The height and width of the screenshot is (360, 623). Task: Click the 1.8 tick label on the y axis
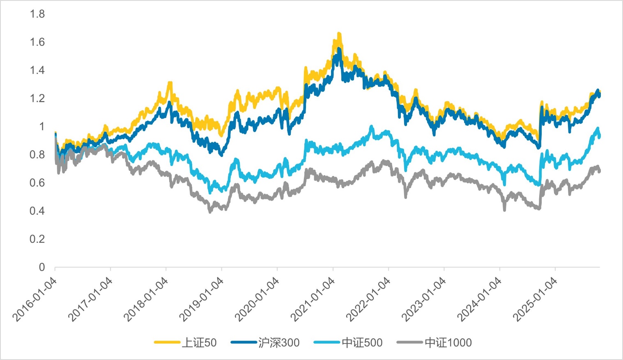tap(37, 14)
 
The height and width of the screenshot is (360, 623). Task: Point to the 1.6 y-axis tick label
tap(37, 42)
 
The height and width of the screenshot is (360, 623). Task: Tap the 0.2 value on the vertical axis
tap(37, 239)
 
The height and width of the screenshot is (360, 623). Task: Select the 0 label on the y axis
tap(41, 268)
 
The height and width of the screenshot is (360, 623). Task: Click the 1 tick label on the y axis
tap(41, 127)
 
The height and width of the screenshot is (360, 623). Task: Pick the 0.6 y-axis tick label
tap(37, 183)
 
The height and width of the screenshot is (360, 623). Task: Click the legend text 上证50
tap(199, 343)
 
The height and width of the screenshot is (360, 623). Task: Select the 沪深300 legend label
tap(279, 343)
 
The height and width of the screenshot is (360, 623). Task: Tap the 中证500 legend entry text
tap(362, 343)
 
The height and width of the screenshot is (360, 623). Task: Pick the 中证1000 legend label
tap(448, 343)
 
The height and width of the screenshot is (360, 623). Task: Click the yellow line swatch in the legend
tap(167, 342)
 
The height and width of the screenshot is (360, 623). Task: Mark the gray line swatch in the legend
tap(410, 342)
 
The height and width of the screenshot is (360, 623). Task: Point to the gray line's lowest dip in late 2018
tap(210, 212)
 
